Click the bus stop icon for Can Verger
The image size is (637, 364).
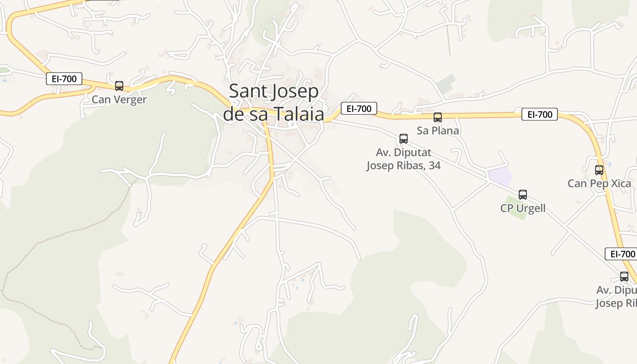point(119,86)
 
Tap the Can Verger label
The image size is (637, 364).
point(119,99)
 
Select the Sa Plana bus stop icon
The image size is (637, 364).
point(438,117)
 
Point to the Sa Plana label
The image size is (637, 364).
point(438,131)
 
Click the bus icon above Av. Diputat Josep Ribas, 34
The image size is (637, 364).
point(404,139)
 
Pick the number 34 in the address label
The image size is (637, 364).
point(434,165)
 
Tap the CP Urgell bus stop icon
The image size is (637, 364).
point(523,195)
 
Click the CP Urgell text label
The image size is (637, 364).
point(523,208)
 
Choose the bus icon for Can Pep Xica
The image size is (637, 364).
point(599,170)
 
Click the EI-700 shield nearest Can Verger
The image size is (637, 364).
point(64,79)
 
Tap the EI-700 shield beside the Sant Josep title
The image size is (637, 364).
point(359,108)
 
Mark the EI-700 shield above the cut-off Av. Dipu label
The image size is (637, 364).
point(621,254)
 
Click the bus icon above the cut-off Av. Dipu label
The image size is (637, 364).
point(624,276)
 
